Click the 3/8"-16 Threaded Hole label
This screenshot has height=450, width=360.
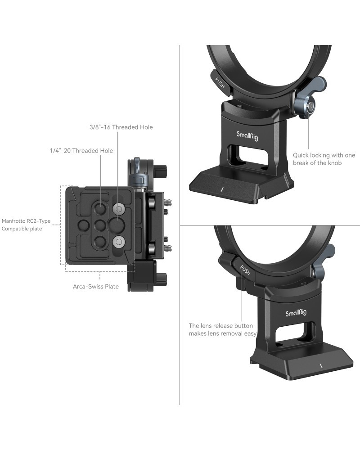coord(121,127)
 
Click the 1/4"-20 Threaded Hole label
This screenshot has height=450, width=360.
coord(81,151)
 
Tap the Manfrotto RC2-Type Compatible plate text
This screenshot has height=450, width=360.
coord(26,225)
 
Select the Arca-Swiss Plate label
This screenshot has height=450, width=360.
coord(95,286)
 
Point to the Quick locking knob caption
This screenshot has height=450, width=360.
coord(324,159)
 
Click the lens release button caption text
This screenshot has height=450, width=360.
coord(222,329)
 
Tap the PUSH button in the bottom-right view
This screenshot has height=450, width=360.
coord(245,270)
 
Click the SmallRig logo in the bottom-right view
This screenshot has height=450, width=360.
coord(296,312)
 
